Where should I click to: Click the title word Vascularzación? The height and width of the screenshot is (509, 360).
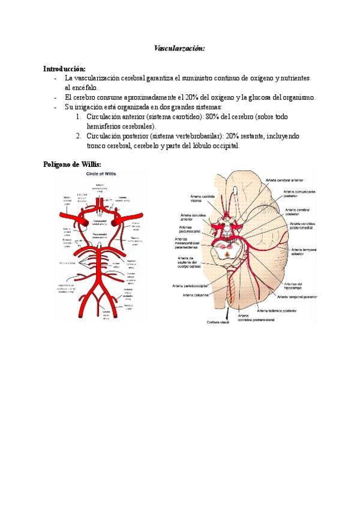point(180,47)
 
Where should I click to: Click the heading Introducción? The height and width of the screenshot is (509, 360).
point(65,69)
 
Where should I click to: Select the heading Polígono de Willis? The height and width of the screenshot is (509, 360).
point(72,164)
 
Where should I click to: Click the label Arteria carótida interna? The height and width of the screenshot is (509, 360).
point(199,200)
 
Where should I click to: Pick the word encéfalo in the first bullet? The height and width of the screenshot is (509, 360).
point(79,88)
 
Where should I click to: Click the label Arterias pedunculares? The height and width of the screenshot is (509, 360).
point(190,230)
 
